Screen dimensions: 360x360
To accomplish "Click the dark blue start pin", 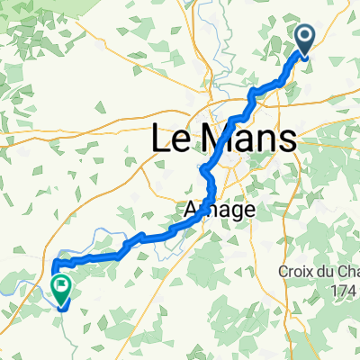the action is pyautogui.click(x=304, y=38).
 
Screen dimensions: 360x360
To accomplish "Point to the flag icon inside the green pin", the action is pyautogui.click(x=62, y=288).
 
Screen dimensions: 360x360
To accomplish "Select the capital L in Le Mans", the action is pyautogui.click(x=156, y=139).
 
